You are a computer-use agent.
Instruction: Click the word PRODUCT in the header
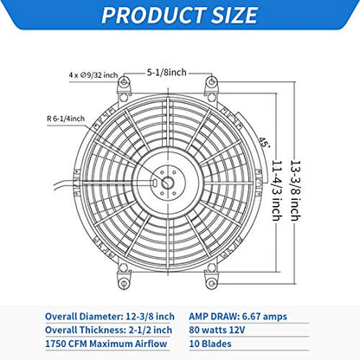tap(153, 16)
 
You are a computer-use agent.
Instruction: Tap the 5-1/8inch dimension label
tap(167, 72)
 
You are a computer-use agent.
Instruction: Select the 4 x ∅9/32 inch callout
tap(93, 75)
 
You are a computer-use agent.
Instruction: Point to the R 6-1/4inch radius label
tap(66, 119)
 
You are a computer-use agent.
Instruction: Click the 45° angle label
tap(264, 142)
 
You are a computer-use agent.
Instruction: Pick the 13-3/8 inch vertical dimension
tap(295, 190)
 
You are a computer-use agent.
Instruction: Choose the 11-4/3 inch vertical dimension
tap(277, 190)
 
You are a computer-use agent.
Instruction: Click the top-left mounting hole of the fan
tap(124, 82)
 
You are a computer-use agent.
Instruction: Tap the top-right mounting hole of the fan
tap(211, 82)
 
